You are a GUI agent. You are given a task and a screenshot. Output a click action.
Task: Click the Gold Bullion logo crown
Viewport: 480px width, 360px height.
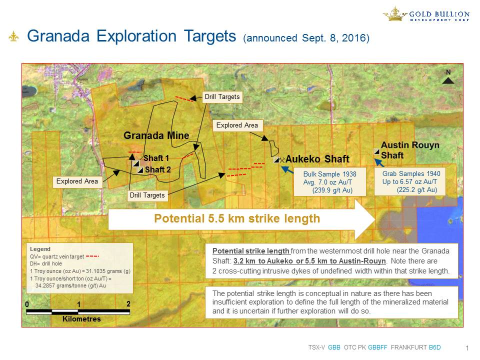(x=394, y=14)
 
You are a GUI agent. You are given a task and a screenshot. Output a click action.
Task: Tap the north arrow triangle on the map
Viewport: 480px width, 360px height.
(x=448, y=80)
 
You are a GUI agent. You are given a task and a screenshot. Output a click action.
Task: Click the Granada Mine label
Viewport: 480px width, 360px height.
(x=156, y=135)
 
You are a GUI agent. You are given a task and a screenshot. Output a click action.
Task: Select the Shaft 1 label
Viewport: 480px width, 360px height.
(x=156, y=158)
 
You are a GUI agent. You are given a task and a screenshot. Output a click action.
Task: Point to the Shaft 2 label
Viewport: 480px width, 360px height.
(x=158, y=169)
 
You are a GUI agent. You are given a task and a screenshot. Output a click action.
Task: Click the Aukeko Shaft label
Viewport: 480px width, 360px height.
(x=317, y=159)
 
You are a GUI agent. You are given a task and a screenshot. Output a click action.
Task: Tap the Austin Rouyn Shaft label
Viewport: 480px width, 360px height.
(x=410, y=150)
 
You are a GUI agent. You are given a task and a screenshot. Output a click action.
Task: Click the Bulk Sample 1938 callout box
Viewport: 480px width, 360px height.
(x=329, y=182)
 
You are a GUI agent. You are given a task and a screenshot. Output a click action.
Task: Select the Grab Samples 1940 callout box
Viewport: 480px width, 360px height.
(x=410, y=181)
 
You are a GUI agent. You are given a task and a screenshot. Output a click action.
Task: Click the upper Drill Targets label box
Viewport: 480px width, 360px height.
(x=222, y=96)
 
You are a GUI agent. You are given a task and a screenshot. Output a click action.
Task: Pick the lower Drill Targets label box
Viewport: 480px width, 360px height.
(x=147, y=195)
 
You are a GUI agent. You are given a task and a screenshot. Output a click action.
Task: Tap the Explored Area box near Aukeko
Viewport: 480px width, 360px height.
(x=237, y=125)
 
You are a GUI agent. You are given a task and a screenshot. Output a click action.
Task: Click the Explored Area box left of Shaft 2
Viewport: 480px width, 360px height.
(x=77, y=181)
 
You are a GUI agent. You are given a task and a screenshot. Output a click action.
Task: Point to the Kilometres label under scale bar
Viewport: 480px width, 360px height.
(x=81, y=319)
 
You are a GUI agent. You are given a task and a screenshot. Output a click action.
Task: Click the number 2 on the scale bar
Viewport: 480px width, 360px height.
(x=128, y=303)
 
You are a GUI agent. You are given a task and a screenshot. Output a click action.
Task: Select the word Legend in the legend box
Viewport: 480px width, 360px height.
(x=40, y=249)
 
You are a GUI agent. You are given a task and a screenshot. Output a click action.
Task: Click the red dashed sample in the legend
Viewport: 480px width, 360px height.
(x=92, y=256)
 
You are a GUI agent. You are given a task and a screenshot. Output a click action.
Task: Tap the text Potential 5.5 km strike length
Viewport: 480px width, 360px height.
(x=237, y=218)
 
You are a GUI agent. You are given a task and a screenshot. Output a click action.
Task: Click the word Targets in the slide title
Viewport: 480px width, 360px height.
(x=210, y=36)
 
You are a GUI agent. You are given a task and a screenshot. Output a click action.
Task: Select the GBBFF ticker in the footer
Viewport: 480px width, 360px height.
(x=377, y=347)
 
